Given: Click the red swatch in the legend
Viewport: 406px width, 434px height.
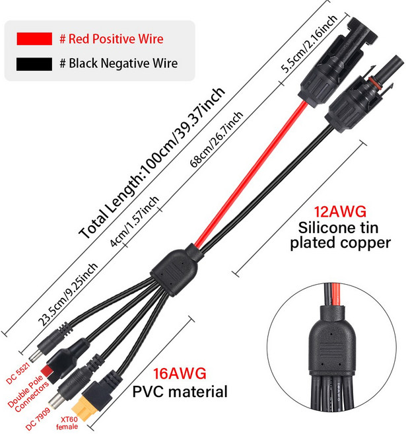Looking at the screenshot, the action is pyautogui.click(x=34, y=39).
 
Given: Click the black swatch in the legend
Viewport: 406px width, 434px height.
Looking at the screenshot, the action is pyautogui.click(x=34, y=64).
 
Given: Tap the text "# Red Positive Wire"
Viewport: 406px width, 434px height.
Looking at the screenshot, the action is pyautogui.click(x=112, y=39).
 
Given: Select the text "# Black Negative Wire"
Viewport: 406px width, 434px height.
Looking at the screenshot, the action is pyautogui.click(x=119, y=63).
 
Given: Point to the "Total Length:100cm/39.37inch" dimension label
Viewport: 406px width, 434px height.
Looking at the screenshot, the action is pyautogui.click(x=152, y=163).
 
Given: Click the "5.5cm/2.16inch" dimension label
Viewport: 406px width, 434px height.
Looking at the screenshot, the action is pyautogui.click(x=309, y=44).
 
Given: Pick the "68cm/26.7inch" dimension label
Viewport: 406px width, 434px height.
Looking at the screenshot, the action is pyautogui.click(x=217, y=139).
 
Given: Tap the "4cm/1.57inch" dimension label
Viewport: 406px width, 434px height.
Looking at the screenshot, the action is pyautogui.click(x=135, y=221).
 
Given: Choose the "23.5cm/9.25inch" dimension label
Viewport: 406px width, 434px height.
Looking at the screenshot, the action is pyautogui.click(x=68, y=294).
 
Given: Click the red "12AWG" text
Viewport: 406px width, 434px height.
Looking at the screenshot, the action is pyautogui.click(x=340, y=212).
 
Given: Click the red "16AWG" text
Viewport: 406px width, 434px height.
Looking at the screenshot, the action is pyautogui.click(x=180, y=373).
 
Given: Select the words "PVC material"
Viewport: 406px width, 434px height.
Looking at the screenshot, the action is pyautogui.click(x=180, y=392).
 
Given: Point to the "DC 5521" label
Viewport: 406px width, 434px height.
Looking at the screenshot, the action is pyautogui.click(x=18, y=374).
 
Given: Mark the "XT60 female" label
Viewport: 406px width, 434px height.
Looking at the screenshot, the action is pyautogui.click(x=67, y=423).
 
